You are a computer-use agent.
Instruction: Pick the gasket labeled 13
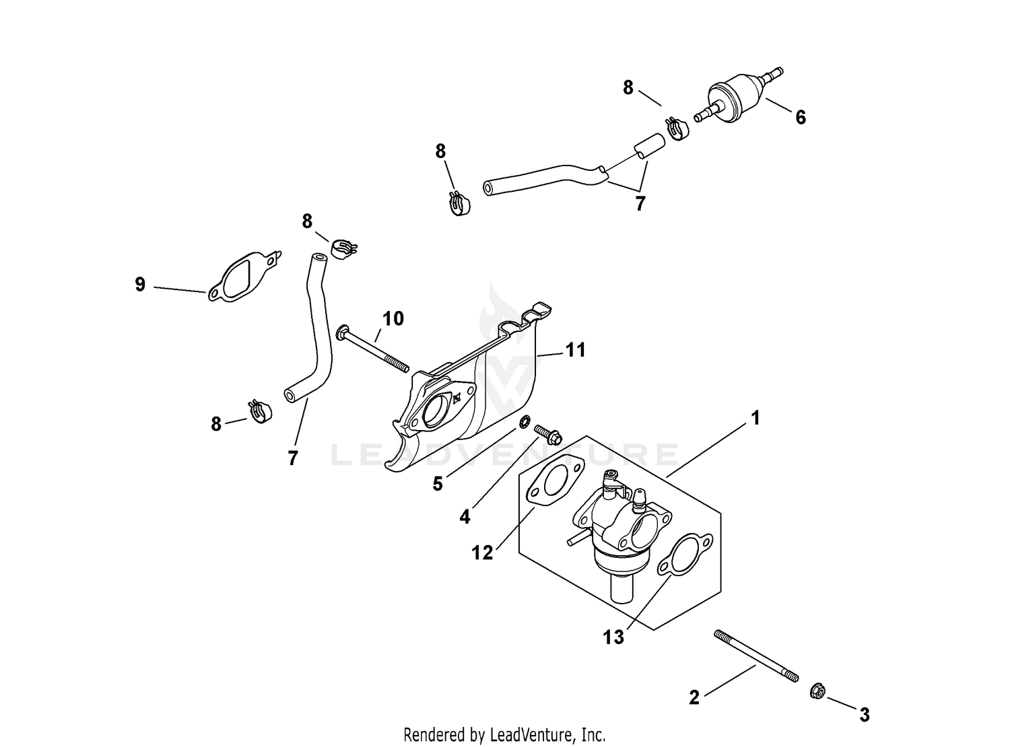683,555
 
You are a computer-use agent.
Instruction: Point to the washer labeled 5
523,422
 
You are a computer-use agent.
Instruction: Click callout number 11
575,350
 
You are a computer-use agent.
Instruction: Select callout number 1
755,419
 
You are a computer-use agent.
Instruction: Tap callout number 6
800,118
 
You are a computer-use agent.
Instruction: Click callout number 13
613,637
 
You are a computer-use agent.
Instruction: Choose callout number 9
140,285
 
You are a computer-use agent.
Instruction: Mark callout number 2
694,698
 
